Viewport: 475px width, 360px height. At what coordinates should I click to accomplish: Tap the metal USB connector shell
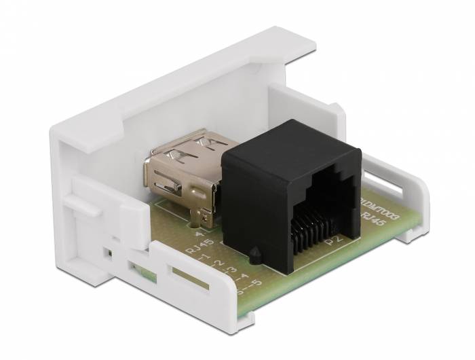click(183, 170)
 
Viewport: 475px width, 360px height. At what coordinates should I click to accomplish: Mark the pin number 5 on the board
click(255, 285)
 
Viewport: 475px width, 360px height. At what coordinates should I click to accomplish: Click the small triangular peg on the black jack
click(254, 255)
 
